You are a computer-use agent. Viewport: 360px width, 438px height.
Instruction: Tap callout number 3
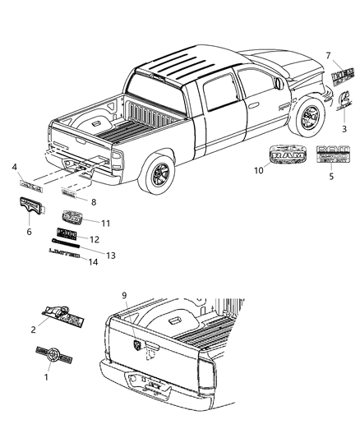point(344,129)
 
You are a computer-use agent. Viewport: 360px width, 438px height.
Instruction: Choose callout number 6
point(30,232)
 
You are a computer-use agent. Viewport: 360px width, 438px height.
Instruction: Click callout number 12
point(94,240)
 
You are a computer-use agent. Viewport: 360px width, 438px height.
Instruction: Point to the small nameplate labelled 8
point(72,194)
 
